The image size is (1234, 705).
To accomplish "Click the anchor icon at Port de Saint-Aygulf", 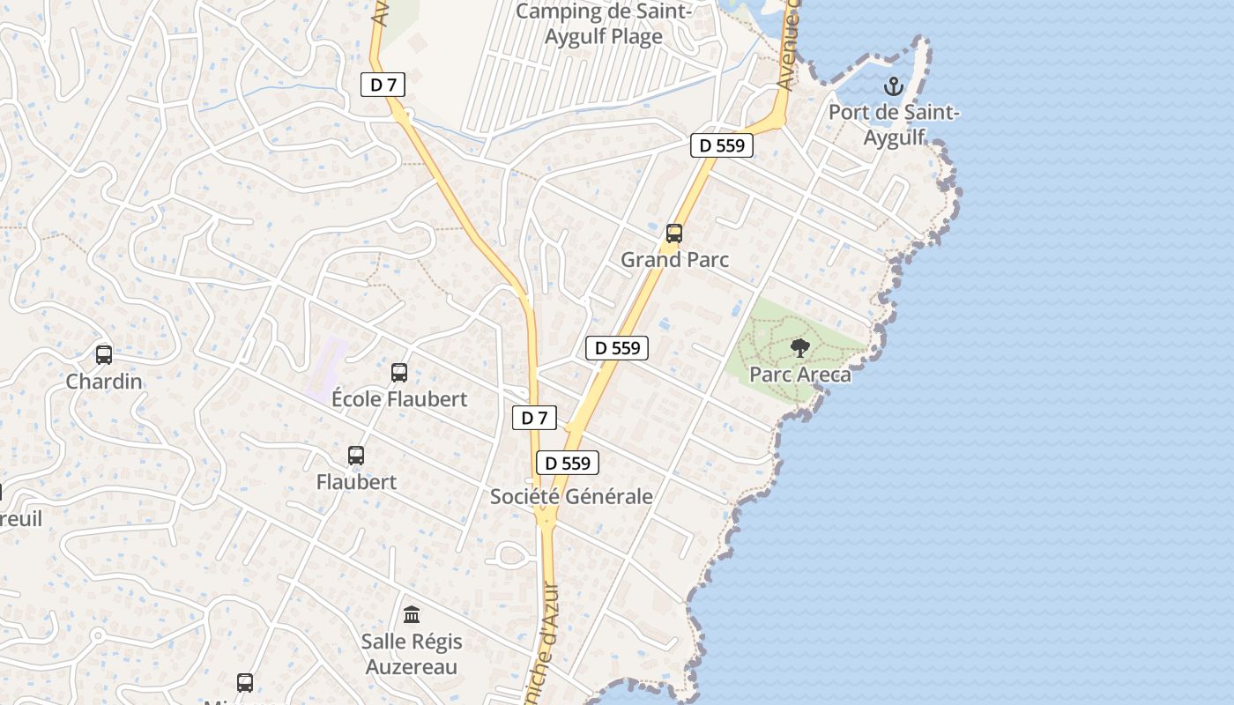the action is [894, 86].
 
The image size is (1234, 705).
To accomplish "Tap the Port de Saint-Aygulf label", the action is [894, 124].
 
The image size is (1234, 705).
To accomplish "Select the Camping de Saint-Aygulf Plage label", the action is [604, 24].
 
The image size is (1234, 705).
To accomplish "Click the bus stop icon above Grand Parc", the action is [674, 234].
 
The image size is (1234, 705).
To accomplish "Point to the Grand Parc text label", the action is [675, 260].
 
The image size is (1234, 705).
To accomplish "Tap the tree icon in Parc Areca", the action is [800, 348].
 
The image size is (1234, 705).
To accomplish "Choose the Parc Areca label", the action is [800, 375].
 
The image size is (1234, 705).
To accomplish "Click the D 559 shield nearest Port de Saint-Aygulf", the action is [722, 145].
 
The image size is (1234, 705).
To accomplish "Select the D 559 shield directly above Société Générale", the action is [568, 463].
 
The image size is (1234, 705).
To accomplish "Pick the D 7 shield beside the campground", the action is [383, 85].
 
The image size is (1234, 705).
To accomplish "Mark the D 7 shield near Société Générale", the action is [535, 418].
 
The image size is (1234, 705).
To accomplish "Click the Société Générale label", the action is [571, 496].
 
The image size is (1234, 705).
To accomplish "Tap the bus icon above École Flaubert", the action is [399, 373].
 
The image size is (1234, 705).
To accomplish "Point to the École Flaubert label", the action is [399, 399].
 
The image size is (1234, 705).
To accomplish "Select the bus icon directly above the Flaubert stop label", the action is [356, 456].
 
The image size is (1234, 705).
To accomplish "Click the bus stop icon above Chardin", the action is [104, 355].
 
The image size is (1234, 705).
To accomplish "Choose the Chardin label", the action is [104, 382].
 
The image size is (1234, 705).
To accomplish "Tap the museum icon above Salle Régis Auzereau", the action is [412, 614].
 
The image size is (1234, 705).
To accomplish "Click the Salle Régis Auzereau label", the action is [412, 653].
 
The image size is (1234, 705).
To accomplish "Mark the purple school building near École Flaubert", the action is [325, 366].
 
